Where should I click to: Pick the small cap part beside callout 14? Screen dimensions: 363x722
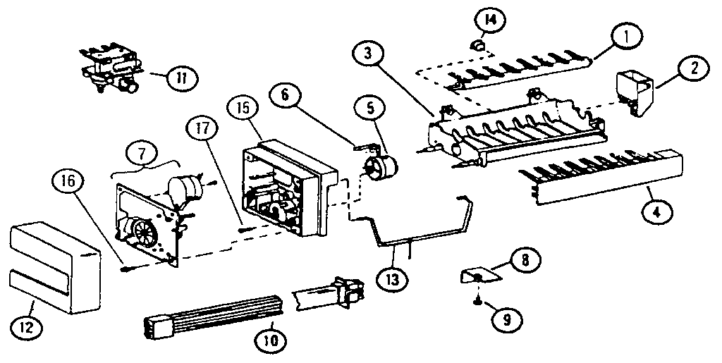point(477,47)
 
